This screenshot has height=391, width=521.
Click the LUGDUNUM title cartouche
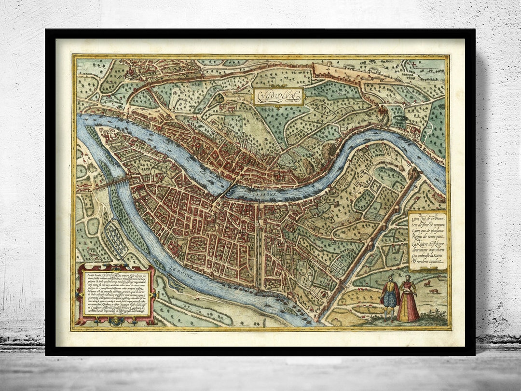(278, 97)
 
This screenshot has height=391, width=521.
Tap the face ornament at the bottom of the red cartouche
(115, 320)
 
